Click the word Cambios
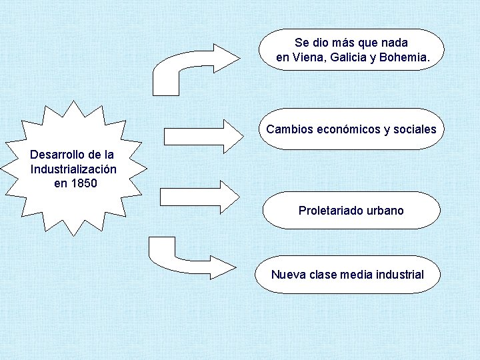pos(288,129)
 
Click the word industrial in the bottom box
pos(399,274)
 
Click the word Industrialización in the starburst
pos(74,169)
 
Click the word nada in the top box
pos(393,43)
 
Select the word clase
pos(323,274)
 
